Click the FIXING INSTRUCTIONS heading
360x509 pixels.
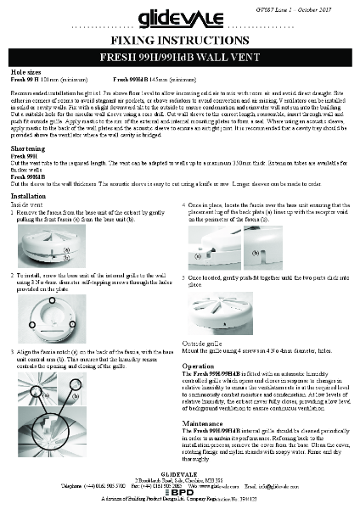tap(180, 39)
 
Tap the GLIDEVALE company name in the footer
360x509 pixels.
tap(179, 475)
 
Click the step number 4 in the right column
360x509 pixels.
tap(184, 205)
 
